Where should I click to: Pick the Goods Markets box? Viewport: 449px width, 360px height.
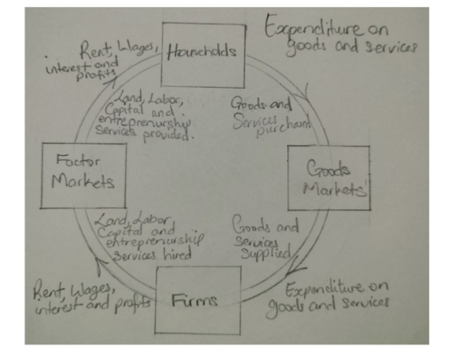pos(330,178)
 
